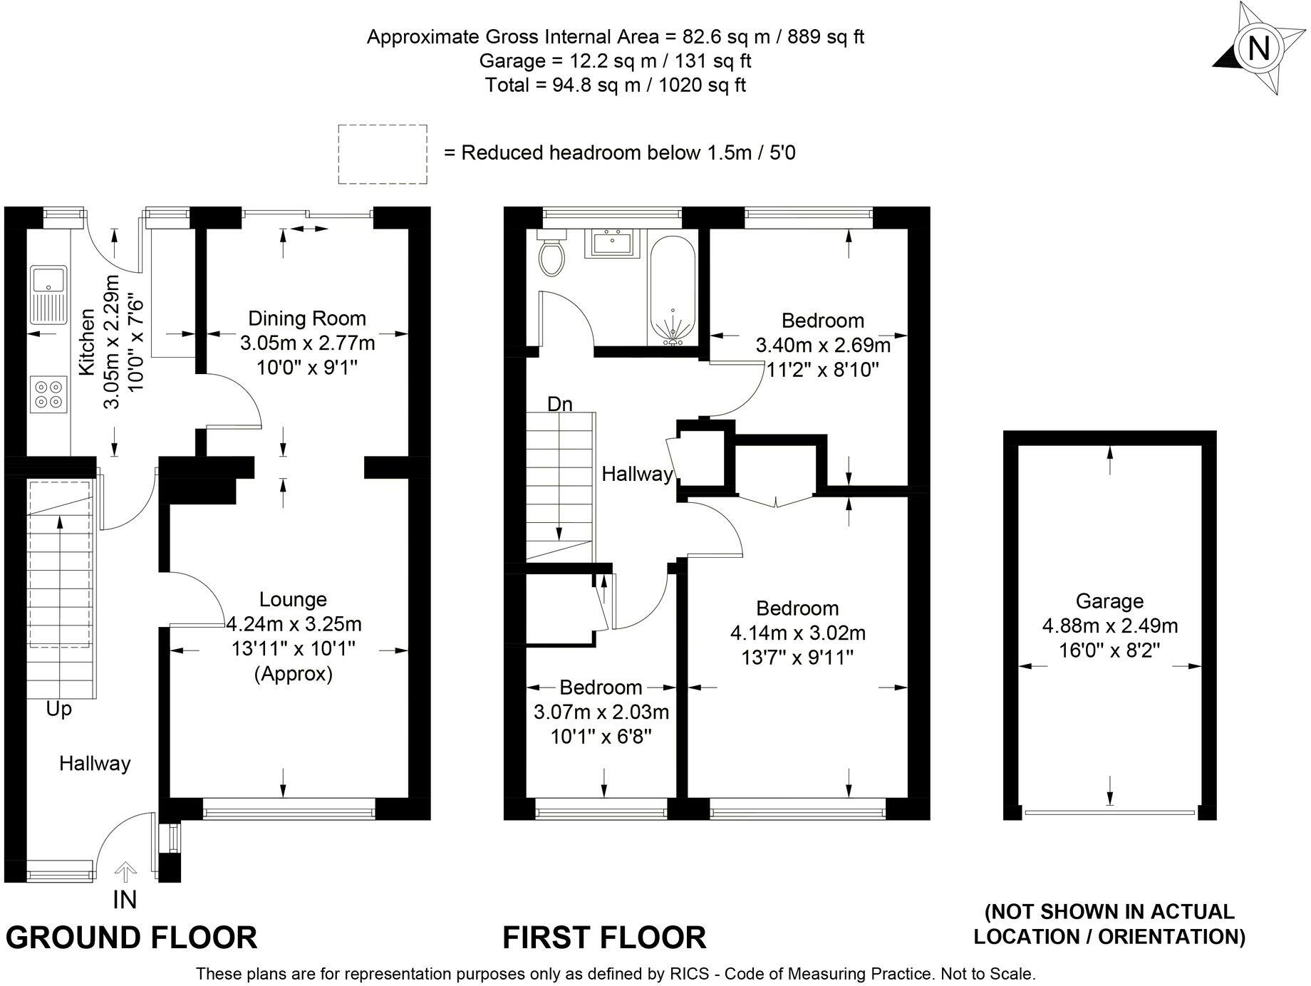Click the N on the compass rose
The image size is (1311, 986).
[x=1259, y=48]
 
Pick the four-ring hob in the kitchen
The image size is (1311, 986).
[x=48, y=394]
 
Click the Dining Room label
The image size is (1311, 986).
[x=307, y=318]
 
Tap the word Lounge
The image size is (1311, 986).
[x=293, y=600]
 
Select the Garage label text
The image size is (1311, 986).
[x=1109, y=601]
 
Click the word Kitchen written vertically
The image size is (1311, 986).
[x=87, y=342]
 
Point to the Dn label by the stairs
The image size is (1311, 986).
[x=560, y=405]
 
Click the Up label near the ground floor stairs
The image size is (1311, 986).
[x=59, y=710]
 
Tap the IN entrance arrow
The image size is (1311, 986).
[x=125, y=871]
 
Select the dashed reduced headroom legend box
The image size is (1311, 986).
[x=383, y=155]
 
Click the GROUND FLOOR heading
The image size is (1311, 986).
[x=132, y=938]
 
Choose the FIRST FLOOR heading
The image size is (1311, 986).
[x=605, y=938]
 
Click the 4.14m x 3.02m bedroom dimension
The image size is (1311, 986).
[x=798, y=633]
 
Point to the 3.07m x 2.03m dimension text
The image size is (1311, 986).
[x=601, y=712]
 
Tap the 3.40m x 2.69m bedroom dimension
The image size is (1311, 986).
[x=823, y=346]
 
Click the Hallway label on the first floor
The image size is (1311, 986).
[x=637, y=474]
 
